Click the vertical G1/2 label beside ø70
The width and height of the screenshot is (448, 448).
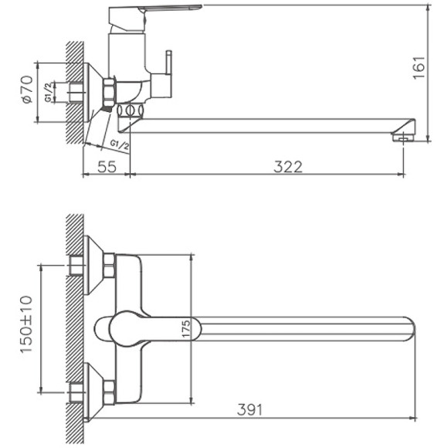tap(48, 93)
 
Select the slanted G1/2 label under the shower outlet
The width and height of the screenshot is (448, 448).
tap(119, 144)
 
